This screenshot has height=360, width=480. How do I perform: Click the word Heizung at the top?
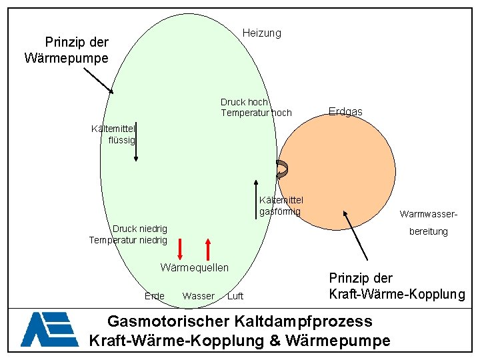(x=262, y=33)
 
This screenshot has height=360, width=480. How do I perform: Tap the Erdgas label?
(x=345, y=112)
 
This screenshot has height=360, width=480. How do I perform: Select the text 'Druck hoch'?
(x=244, y=102)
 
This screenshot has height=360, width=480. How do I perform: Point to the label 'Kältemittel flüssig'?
(x=113, y=134)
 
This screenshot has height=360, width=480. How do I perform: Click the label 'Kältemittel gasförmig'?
(x=280, y=205)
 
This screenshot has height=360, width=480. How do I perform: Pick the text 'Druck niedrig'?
(x=140, y=229)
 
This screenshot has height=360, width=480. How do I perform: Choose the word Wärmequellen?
(x=195, y=267)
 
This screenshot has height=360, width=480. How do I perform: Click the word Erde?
(x=154, y=296)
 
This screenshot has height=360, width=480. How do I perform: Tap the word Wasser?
(x=198, y=296)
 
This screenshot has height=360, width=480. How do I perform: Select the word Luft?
(x=235, y=296)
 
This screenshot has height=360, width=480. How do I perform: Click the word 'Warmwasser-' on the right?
(x=428, y=214)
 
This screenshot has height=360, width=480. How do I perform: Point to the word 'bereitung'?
(x=429, y=231)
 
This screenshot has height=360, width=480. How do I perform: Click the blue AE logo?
(x=49, y=329)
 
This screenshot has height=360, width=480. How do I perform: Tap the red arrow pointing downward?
(x=180, y=249)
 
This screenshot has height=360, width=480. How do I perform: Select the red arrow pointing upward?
(x=209, y=249)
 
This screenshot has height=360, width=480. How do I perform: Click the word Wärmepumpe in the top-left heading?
(x=66, y=58)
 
